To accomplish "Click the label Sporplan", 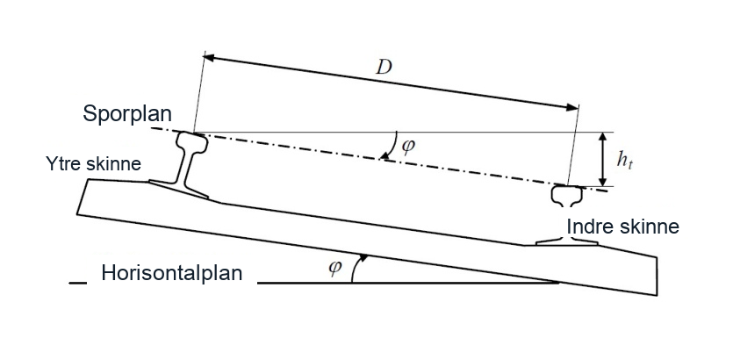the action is [x=127, y=113].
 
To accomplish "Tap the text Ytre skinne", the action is [x=94, y=164].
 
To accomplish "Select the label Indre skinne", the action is [x=622, y=227].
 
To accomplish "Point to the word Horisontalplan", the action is [x=172, y=272].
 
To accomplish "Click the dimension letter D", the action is [x=384, y=68].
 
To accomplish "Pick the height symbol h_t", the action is [x=624, y=161].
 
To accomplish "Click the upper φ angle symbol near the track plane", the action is [x=407, y=146].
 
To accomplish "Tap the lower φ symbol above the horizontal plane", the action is [x=334, y=267].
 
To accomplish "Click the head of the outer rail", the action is [x=191, y=142].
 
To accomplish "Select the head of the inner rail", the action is [x=567, y=195].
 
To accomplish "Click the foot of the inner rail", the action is [x=566, y=241].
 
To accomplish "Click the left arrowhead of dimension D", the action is [x=209, y=57].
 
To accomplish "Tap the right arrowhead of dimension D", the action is [x=572, y=107].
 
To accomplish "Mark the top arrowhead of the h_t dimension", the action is [x=603, y=138].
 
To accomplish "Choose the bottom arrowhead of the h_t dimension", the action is [x=603, y=181].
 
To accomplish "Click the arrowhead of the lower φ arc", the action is [x=363, y=257].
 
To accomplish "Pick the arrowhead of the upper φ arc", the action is [x=384, y=156].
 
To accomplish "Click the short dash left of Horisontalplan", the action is [x=77, y=283].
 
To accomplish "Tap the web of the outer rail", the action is [x=185, y=169].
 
